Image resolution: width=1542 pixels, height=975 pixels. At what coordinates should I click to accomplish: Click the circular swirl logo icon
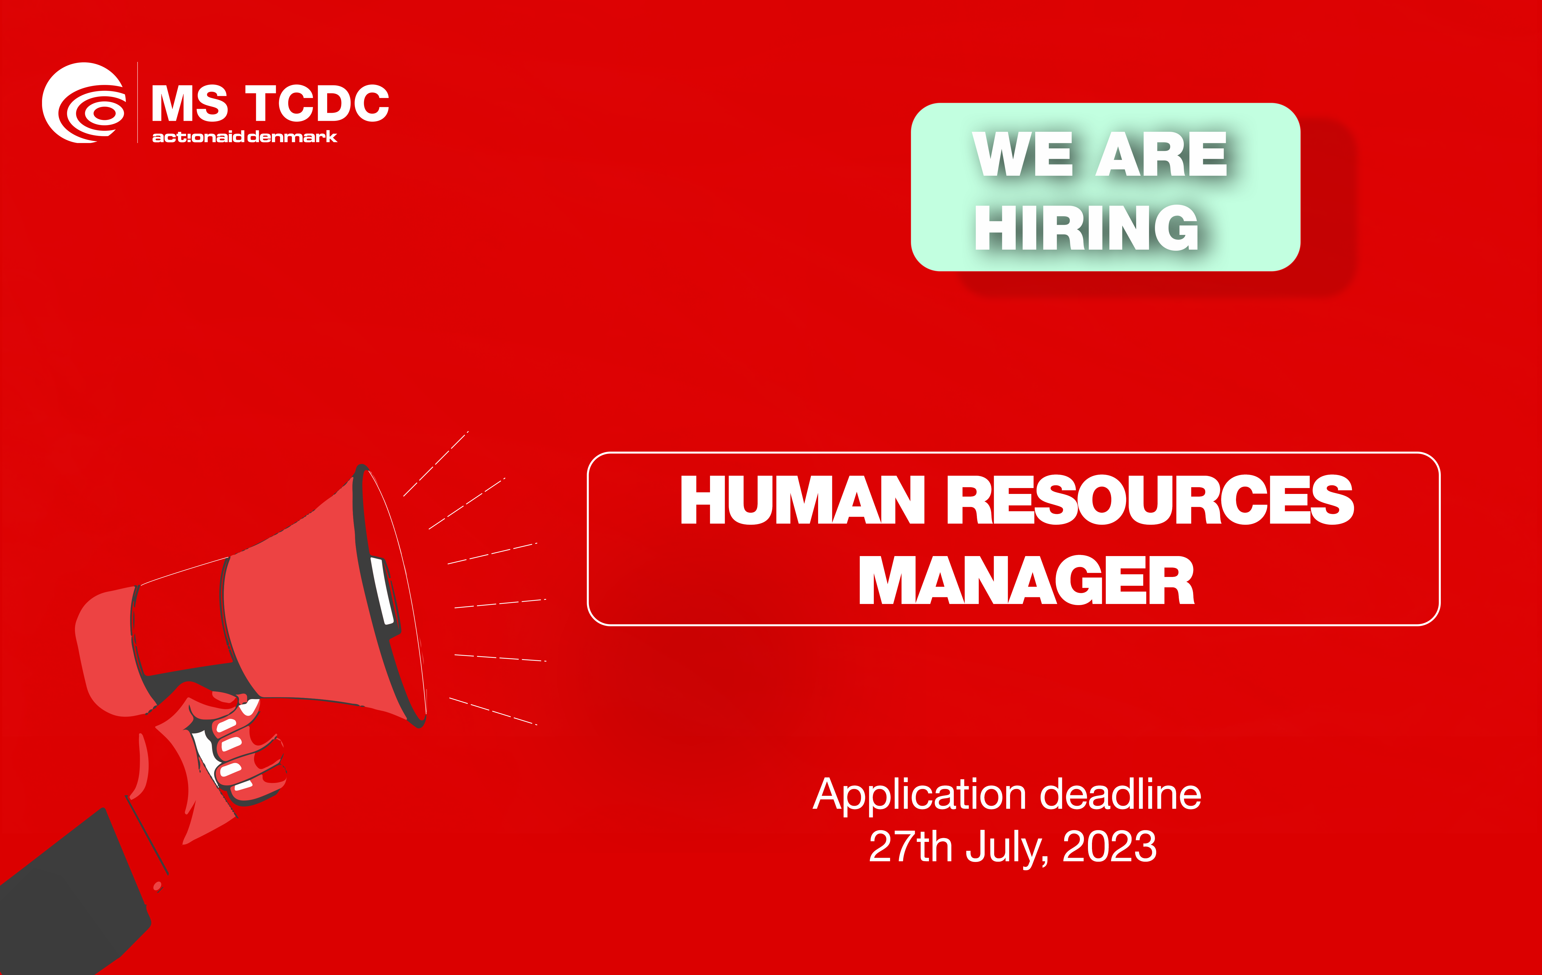pos(83,103)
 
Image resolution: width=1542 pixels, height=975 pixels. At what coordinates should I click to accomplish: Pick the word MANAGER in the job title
pos(1026,580)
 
